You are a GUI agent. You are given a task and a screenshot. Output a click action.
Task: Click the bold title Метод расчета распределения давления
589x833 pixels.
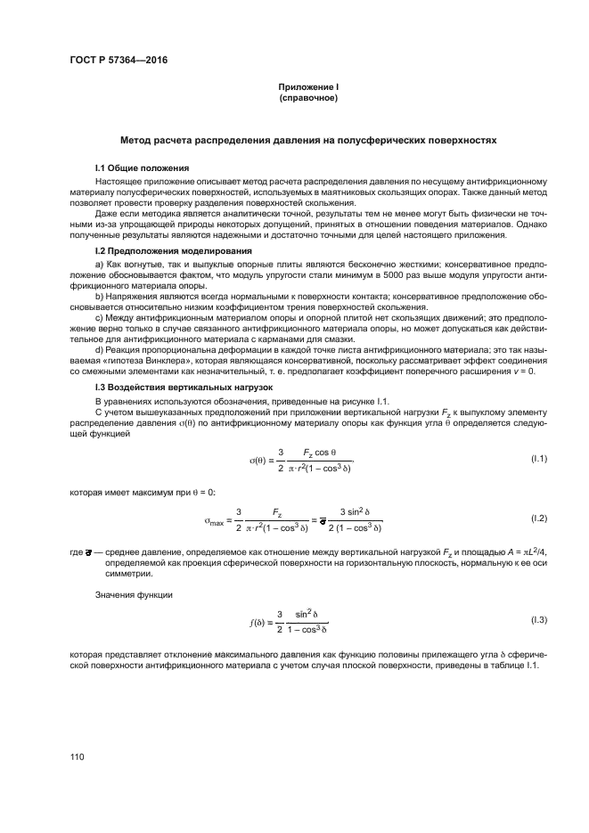click(x=307, y=141)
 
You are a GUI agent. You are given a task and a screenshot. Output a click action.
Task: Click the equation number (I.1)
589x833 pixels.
click(x=537, y=458)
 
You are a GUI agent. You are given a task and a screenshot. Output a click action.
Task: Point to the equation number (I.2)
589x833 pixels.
click(x=537, y=518)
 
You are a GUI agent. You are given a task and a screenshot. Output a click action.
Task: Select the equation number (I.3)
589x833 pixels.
click(x=537, y=619)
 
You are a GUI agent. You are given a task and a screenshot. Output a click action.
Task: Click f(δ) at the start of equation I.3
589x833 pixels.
click(x=258, y=620)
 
